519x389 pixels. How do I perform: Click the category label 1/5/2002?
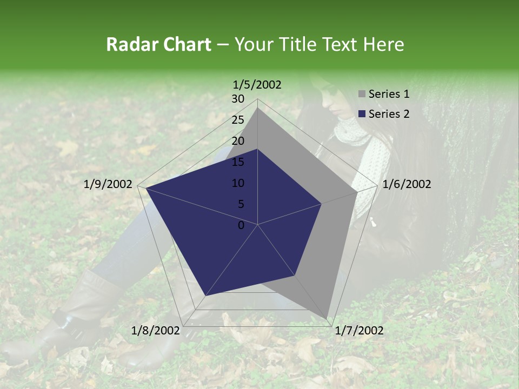(257, 84)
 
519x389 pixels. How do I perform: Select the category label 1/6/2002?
(407, 184)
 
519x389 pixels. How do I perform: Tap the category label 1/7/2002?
(359, 331)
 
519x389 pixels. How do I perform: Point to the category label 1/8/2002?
(155, 331)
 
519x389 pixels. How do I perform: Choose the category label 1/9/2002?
(108, 184)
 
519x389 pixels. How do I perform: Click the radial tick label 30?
(238, 99)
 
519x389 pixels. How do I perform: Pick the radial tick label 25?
(238, 120)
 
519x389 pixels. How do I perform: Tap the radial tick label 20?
(238, 141)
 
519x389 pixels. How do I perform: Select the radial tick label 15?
(238, 162)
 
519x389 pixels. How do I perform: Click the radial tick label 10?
(238, 183)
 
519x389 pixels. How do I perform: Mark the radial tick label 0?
(241, 225)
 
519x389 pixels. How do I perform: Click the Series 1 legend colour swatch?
(362, 95)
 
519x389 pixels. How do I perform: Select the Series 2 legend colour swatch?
(362, 114)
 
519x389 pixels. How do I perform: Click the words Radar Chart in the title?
(158, 45)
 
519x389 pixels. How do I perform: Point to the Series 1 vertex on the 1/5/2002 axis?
(258, 108)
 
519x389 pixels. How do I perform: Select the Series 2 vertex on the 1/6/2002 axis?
(322, 204)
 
